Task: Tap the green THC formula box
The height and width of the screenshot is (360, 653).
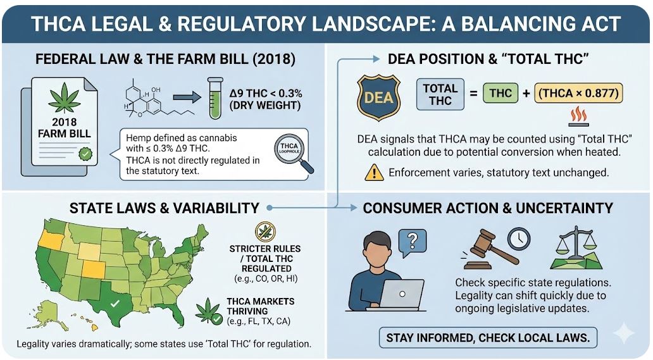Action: coord(501,94)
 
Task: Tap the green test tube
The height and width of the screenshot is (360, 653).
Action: coord(215,98)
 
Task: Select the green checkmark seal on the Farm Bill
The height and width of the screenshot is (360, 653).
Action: coord(84,154)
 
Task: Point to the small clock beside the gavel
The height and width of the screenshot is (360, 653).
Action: coord(518,239)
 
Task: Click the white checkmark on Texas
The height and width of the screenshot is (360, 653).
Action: coord(115,304)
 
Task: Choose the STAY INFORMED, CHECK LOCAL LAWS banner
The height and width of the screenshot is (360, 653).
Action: coord(488,337)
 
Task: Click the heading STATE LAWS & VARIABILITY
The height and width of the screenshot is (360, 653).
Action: coord(164,208)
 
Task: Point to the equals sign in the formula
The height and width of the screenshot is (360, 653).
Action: coord(473,94)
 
